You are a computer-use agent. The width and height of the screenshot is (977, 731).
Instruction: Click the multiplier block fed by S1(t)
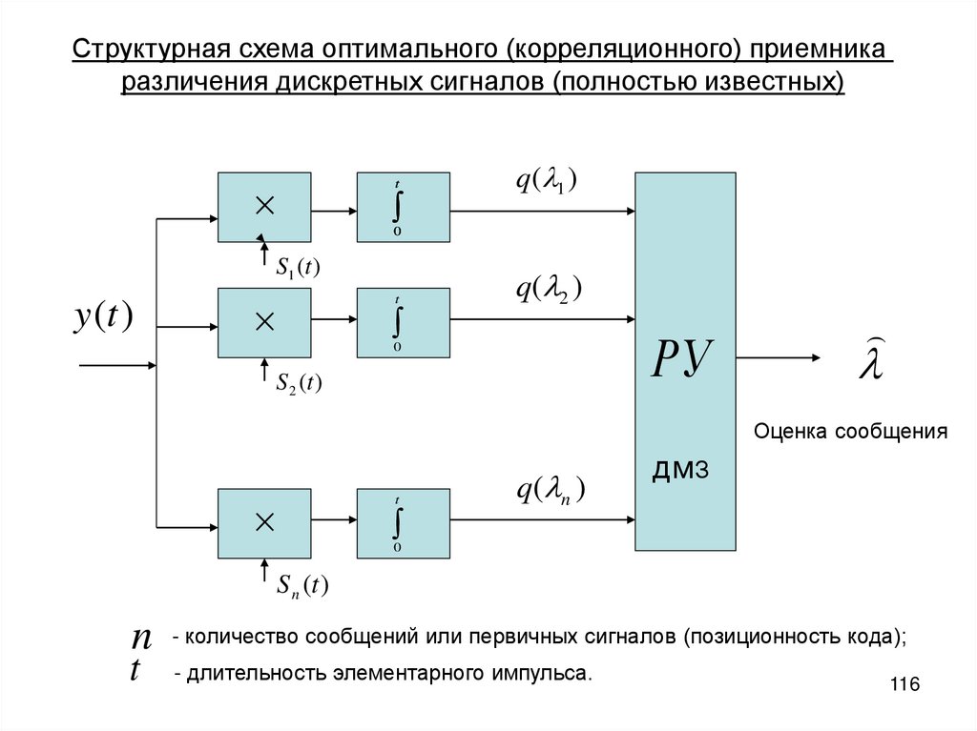click(264, 205)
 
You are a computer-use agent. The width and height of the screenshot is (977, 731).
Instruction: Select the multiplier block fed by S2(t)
click(264, 321)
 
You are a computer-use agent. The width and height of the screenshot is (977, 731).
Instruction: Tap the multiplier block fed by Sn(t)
click(264, 522)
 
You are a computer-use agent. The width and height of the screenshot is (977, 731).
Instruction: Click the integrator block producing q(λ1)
click(403, 205)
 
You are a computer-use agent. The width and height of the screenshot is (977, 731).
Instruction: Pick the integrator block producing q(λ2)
click(403, 321)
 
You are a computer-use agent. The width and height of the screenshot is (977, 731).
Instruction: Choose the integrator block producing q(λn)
click(403, 522)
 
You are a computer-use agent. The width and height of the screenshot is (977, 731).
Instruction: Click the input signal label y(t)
click(103, 317)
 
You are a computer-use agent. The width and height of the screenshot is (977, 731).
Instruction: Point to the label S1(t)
click(298, 269)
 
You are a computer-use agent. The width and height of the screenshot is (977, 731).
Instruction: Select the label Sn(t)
click(301, 585)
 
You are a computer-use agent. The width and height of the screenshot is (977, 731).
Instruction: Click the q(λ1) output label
click(548, 182)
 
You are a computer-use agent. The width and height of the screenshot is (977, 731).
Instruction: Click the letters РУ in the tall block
click(684, 360)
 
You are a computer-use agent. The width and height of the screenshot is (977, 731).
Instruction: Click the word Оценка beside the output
click(791, 432)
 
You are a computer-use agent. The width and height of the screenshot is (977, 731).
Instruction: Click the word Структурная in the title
click(141, 49)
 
